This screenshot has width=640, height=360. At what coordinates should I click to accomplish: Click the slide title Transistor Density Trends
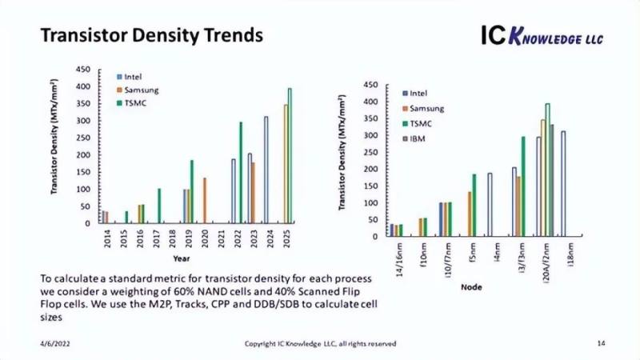pyautogui.click(x=151, y=36)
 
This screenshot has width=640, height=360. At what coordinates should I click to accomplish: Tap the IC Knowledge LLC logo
pyautogui.click(x=542, y=35)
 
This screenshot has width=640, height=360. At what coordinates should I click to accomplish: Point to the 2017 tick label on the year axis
pyautogui.click(x=159, y=237)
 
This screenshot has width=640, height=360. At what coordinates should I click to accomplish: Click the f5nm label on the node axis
pyautogui.click(x=472, y=253)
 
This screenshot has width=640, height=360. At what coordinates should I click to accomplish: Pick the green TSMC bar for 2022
pyautogui.click(x=241, y=172)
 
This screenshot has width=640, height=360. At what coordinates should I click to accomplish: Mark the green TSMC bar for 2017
pyautogui.click(x=159, y=206)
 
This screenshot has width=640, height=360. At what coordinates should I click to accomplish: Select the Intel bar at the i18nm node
pyautogui.click(x=563, y=184)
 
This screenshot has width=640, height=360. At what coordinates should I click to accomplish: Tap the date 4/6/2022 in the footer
pyautogui.click(x=57, y=343)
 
